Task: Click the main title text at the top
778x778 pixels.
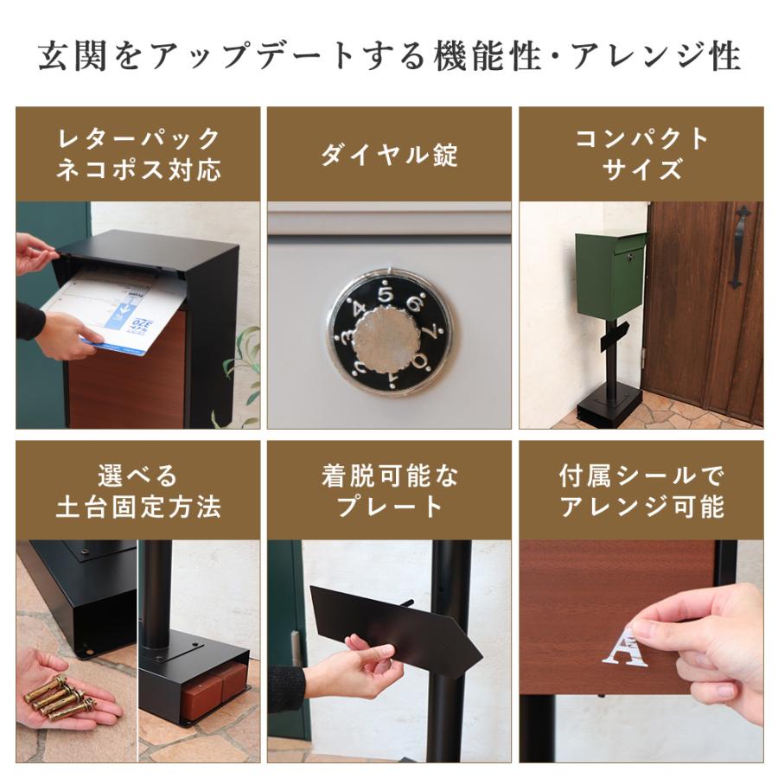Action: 389,57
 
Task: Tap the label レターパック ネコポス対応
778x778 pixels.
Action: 137,154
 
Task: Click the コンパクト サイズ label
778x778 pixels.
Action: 641,154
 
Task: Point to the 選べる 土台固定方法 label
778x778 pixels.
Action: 137,490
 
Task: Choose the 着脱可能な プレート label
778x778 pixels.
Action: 389,490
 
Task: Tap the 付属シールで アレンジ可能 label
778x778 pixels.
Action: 641,490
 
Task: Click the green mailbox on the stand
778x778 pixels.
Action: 610,274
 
